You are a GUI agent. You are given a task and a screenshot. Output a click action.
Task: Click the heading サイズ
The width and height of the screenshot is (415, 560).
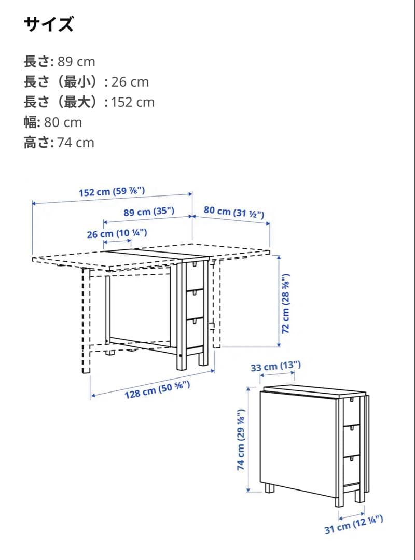coord(49,24)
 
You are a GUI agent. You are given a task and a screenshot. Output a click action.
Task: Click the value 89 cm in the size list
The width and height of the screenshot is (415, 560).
coord(76,62)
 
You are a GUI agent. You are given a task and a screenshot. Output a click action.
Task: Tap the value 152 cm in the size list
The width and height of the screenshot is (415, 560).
coord(133,102)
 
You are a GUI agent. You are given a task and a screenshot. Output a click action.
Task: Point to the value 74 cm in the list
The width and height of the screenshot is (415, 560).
coord(76,143)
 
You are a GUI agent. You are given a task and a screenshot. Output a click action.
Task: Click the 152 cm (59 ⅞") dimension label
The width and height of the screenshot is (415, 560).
coord(112,192)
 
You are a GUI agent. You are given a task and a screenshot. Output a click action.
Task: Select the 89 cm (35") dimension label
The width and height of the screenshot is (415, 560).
coord(149,212)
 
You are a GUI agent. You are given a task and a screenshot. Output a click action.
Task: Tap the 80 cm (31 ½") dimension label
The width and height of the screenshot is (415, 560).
coord(234,212)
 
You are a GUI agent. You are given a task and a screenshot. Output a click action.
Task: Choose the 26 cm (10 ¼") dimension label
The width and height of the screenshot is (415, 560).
coord(117,234)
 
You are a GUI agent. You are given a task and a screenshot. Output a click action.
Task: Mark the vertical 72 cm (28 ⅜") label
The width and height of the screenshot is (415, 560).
coord(286,303)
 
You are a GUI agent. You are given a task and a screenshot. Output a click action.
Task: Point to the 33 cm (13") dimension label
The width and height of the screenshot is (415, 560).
coord(275,367)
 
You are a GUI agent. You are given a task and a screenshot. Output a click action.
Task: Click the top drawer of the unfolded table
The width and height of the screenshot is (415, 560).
coord(194,275)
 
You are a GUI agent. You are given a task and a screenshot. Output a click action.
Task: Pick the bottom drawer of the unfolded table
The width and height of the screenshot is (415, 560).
coord(194,332)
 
